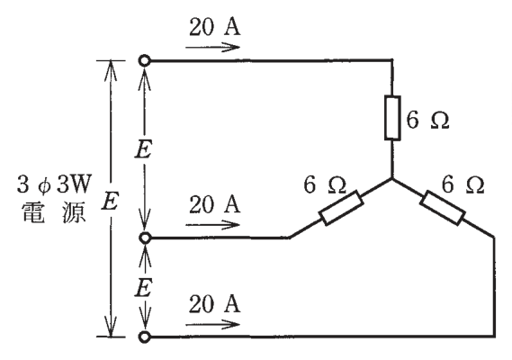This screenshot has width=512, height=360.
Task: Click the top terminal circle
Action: tap(144, 61)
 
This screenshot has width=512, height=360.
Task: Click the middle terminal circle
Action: tap(144, 238)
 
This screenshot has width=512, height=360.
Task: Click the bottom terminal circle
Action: tap(144, 337)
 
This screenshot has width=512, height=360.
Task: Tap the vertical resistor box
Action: tap(392, 118)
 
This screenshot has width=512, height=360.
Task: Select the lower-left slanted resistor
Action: tap(341, 208)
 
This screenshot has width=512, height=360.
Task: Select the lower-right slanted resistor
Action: tap(443, 208)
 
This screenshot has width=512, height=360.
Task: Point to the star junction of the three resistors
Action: tap(392, 179)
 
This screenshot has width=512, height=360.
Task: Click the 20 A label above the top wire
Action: tap(214, 26)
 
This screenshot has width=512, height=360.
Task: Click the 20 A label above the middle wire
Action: tap(214, 204)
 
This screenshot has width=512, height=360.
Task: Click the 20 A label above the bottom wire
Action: tap(214, 304)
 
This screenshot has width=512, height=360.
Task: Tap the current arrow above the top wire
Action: tap(212, 48)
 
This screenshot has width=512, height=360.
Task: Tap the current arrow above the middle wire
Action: tap(212, 225)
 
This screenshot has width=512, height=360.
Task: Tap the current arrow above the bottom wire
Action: tap(212, 325)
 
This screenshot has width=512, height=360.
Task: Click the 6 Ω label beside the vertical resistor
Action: tap(427, 120)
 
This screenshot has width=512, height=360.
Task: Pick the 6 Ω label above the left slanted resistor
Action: tap(325, 184)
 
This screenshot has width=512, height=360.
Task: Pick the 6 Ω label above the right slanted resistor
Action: tap(463, 184)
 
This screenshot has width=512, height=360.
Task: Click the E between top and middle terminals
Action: tap(143, 151)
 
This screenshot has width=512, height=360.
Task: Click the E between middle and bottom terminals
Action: tap(143, 289)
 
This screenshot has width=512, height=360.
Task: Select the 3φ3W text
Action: tap(53, 184)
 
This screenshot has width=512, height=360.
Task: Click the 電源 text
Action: tap(54, 212)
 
